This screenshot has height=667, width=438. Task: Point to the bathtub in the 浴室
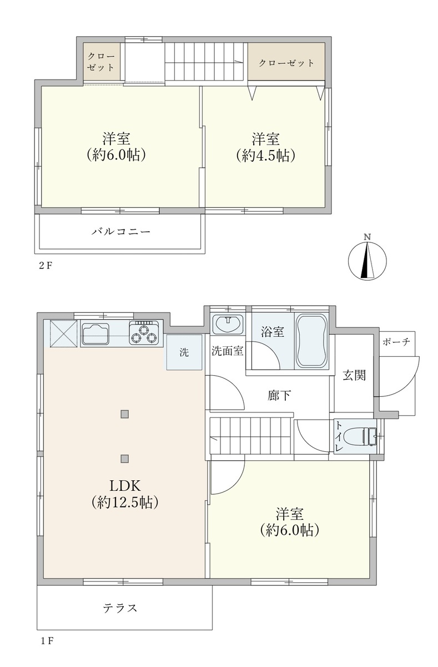point(311,340)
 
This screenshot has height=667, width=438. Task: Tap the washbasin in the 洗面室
point(227,323)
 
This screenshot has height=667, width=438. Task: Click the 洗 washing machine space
point(184,352)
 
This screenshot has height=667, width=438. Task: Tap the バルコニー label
point(120,231)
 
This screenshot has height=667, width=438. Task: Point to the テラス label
point(120,608)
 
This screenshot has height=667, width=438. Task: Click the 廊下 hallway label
point(279,396)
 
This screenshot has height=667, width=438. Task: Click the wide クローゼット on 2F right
point(286,63)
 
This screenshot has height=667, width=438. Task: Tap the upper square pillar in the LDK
point(124,413)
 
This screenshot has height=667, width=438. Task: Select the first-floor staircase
point(251,436)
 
